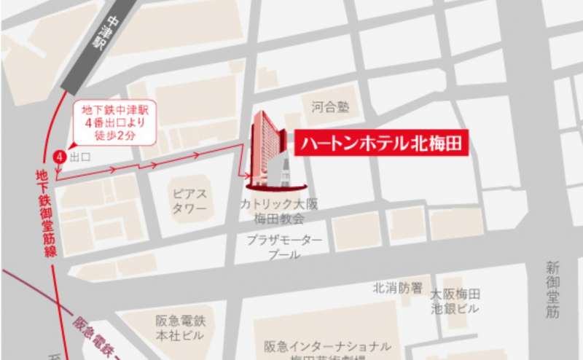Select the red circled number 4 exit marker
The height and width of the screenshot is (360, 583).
[60, 156]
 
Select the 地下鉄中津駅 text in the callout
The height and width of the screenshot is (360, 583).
[116, 110]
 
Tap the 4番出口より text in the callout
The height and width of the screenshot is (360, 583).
[116, 122]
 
